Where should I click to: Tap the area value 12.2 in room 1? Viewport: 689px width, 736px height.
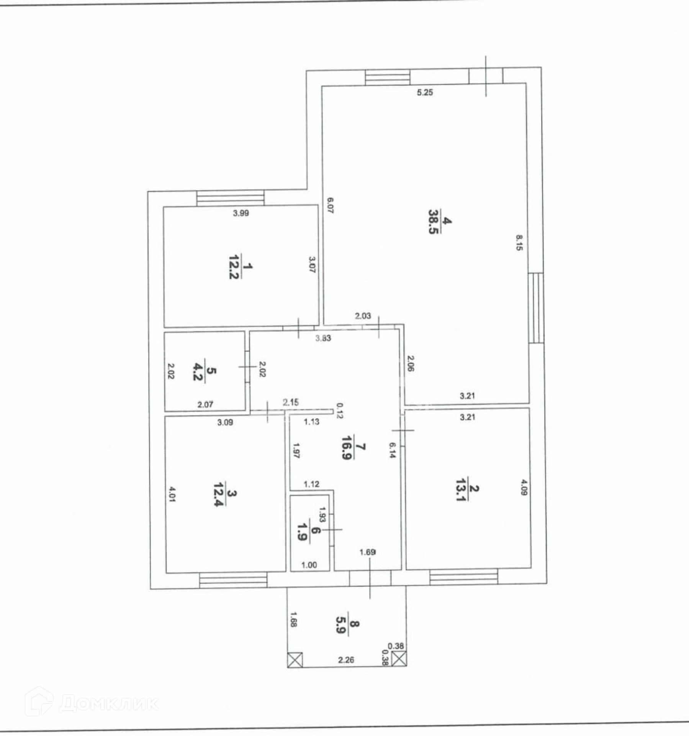[234, 266]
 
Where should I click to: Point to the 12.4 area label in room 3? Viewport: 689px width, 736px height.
[220, 494]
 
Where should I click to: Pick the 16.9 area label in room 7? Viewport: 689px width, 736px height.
[347, 447]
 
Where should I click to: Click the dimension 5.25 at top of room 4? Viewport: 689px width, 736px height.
[425, 92]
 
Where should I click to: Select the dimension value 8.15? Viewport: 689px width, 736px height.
[519, 243]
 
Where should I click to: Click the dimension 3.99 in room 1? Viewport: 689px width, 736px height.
[241, 213]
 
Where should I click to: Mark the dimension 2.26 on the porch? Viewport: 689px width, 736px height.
[346, 660]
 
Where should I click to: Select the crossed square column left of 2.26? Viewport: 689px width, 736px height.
[295, 660]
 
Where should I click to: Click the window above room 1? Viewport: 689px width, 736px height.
[230, 198]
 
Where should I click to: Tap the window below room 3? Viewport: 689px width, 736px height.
[233, 580]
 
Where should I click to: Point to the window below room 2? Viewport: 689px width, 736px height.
[463, 577]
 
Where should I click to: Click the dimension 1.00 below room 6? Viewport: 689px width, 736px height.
[309, 565]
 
